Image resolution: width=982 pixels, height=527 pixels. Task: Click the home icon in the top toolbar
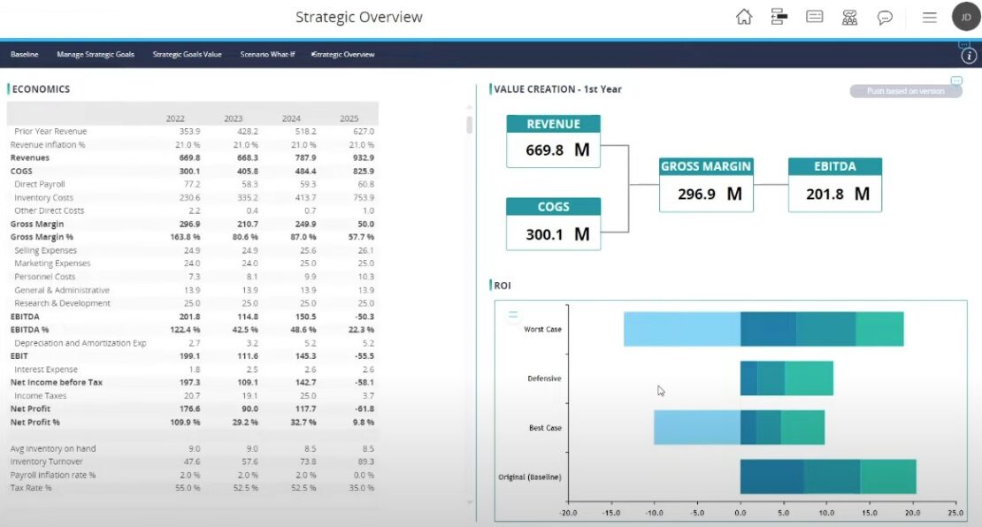pos(744,17)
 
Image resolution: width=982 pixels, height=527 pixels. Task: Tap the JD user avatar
pos(965,17)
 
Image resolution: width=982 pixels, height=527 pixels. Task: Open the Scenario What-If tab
pos(267,54)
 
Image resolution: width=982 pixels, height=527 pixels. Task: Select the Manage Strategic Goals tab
pos(96,54)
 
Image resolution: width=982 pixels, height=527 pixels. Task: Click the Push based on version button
pos(905,91)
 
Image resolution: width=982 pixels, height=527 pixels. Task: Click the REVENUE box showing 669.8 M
pos(554,141)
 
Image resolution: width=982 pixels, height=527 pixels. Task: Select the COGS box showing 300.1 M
pos(554,225)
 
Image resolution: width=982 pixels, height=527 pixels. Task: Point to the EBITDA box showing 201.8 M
pos(835,185)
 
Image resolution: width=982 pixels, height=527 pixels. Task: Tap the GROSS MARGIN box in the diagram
pos(706,185)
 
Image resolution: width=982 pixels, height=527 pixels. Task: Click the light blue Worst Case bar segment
pos(681,329)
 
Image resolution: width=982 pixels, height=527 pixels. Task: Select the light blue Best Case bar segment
pos(696,428)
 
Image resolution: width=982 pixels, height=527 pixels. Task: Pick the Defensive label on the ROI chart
pos(544,378)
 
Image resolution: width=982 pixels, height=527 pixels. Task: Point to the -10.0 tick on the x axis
pos(653,512)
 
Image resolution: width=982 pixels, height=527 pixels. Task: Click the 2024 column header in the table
pos(291,118)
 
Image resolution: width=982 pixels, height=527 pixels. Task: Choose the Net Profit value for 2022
pos(189,409)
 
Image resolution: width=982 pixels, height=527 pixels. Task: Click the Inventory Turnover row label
pos(47,462)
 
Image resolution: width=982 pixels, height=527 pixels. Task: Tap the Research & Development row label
pos(62,303)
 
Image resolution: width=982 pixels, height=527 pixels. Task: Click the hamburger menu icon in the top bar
pos(929,17)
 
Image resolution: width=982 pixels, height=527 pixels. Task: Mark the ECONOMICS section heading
pos(41,89)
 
